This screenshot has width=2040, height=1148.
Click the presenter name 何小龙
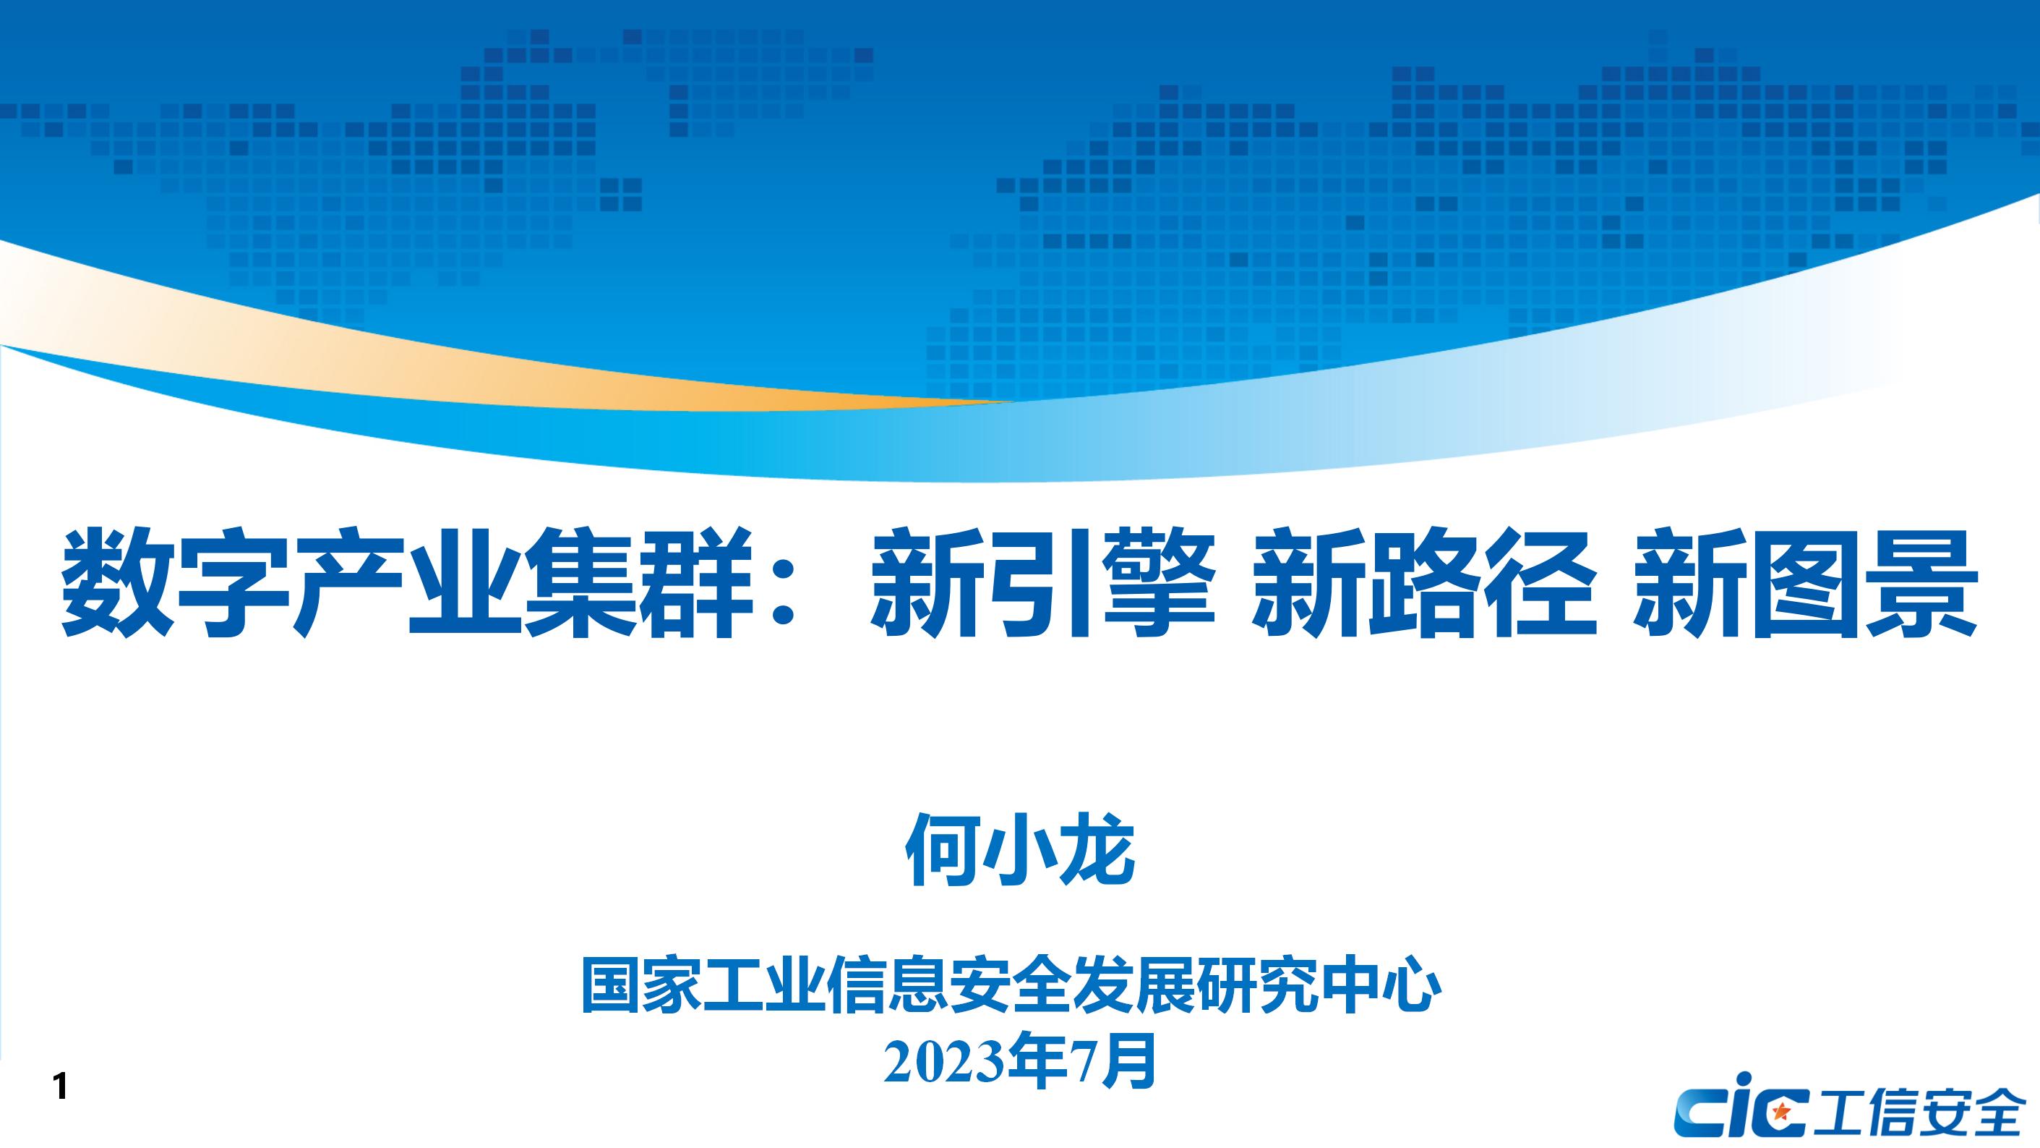pyautogui.click(x=1020, y=849)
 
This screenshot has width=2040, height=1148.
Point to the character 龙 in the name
pyautogui.click(x=1098, y=849)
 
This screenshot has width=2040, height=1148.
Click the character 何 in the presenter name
pyautogui.click(x=943, y=849)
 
